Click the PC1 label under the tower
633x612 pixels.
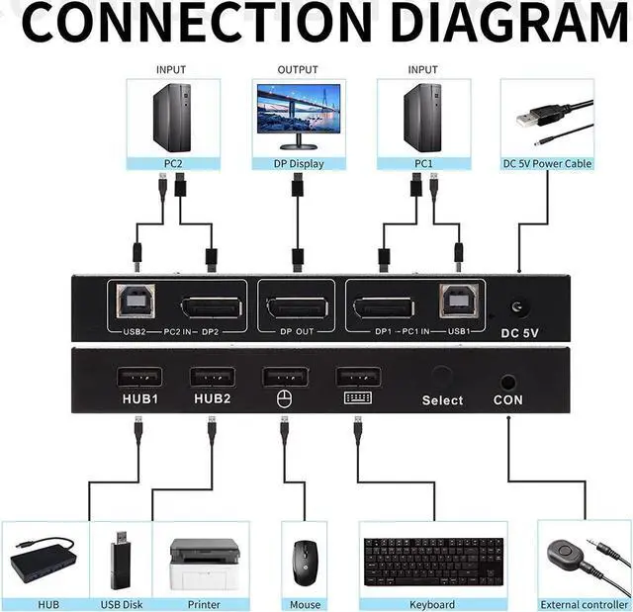tap(423, 163)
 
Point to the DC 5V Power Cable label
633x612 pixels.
tap(547, 163)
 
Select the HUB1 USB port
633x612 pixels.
tap(138, 377)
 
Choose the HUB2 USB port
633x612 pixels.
tap(212, 377)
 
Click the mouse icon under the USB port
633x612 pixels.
tap(284, 399)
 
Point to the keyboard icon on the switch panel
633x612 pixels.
tap(357, 399)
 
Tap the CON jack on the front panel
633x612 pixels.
tap(508, 380)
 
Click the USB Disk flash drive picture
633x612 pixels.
tap(121, 560)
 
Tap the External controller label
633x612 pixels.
tap(584, 604)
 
